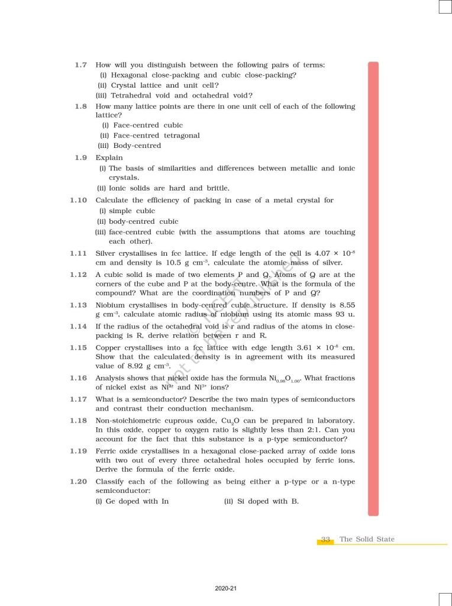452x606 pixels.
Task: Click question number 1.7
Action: click(x=81, y=65)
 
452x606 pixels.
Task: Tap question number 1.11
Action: click(x=79, y=253)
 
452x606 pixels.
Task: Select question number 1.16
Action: click(x=79, y=378)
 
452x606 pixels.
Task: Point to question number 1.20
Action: click(x=79, y=482)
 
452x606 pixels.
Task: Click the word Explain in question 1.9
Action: click(x=109, y=157)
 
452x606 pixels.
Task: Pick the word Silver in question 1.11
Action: click(x=107, y=253)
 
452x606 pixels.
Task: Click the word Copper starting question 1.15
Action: click(x=109, y=347)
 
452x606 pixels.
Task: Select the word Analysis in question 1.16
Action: click(x=112, y=378)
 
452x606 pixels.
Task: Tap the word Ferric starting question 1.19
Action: click(x=107, y=451)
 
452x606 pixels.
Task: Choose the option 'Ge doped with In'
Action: click(x=132, y=501)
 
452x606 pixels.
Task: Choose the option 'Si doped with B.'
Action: click(x=261, y=501)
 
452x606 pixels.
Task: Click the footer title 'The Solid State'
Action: click(x=367, y=539)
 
